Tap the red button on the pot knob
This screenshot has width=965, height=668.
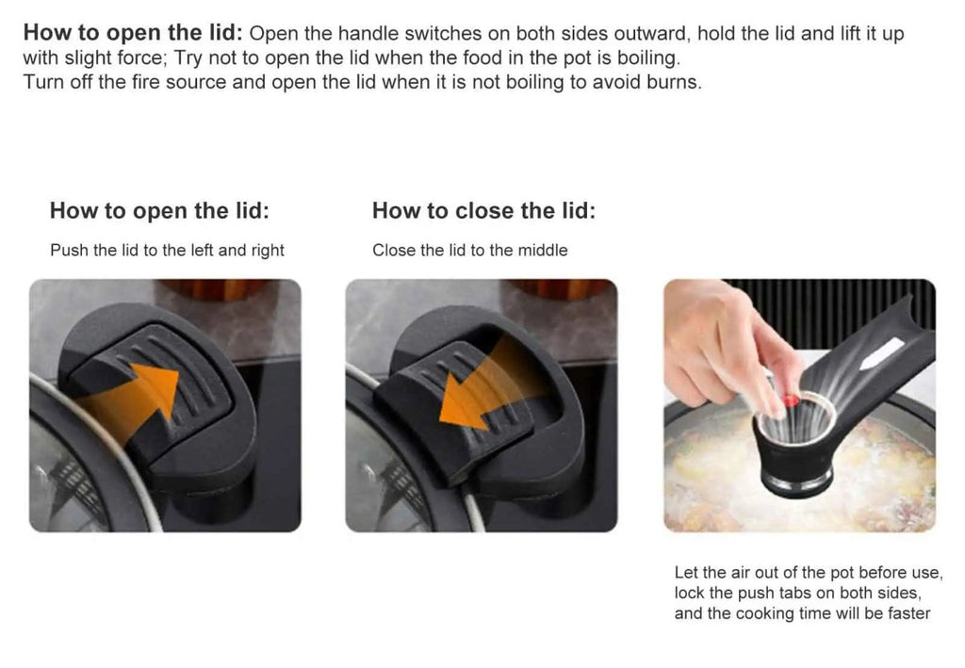click(792, 401)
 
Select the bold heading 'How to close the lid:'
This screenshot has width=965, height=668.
click(483, 210)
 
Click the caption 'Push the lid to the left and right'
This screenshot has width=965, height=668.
click(167, 251)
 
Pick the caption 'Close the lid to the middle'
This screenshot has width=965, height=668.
click(469, 251)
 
